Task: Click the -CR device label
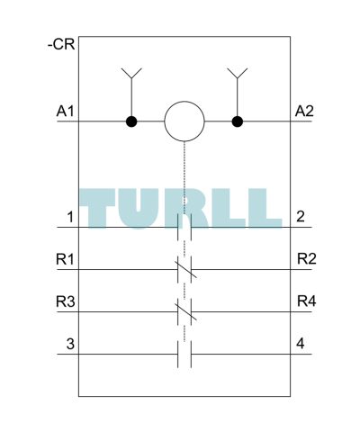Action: (61, 45)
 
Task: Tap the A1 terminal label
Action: (65, 112)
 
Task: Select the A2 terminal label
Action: (304, 112)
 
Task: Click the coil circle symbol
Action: (184, 121)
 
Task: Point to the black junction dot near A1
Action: (131, 121)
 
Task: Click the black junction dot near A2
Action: (238, 121)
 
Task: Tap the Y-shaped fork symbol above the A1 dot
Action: (131, 74)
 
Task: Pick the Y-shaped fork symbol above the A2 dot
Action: (238, 74)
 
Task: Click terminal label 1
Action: (70, 217)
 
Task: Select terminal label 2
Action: (301, 217)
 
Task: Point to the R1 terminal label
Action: (65, 259)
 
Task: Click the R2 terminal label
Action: (307, 258)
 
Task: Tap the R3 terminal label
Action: (66, 301)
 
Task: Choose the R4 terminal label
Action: (307, 301)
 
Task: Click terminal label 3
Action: (70, 344)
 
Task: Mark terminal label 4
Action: (301, 344)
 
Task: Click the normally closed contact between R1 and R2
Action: (184, 269)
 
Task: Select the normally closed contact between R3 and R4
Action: (184, 311)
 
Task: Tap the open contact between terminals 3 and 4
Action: (184, 354)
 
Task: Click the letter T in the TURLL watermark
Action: (97, 208)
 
